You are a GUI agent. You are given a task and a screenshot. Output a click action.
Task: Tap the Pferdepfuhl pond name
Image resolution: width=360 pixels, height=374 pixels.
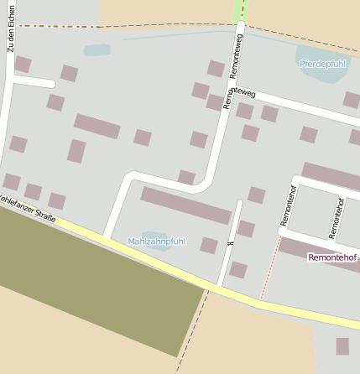[x=322, y=64]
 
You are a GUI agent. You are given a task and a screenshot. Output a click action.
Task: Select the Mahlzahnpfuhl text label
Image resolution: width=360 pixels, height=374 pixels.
[x=156, y=242]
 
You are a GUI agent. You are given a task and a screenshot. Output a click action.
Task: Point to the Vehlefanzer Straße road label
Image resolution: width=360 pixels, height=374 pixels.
[x=25, y=209]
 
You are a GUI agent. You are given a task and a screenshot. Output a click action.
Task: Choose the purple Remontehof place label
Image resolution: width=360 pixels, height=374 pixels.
[x=333, y=257]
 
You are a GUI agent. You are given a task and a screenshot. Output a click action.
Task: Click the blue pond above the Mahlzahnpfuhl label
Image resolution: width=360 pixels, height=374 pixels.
[x=156, y=235]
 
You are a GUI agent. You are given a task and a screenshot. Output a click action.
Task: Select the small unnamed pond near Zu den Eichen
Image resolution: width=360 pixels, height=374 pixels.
[x=97, y=49]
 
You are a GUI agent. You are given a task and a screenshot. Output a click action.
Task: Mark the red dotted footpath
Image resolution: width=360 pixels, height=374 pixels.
[x=270, y=268]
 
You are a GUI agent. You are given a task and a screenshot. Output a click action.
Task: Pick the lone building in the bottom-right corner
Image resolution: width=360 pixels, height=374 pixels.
[x=342, y=345]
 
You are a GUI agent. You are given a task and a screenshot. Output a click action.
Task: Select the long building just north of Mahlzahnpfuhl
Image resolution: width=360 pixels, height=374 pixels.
[x=185, y=205]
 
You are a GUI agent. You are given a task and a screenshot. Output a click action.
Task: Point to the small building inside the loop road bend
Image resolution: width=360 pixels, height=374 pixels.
[x=186, y=177]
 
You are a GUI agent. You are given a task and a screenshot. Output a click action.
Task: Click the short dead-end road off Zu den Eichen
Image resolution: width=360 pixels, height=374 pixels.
[x=34, y=82]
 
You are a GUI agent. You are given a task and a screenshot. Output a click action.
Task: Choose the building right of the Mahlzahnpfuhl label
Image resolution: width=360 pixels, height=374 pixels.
[x=209, y=245]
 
